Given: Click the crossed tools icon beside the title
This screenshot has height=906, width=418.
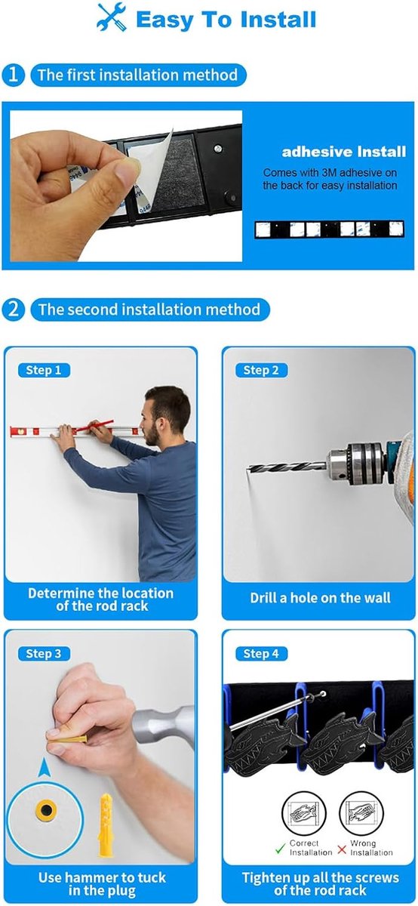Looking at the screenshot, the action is click(x=112, y=17).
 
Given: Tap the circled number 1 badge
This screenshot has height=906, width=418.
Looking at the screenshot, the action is click(x=13, y=75).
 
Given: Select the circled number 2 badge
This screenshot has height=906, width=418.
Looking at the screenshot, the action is click(x=13, y=310).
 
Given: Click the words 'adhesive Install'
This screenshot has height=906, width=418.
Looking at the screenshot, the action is click(x=343, y=152).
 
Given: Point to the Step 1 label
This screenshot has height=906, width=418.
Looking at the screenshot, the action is click(x=44, y=370).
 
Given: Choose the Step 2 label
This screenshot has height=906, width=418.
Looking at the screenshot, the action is click(x=261, y=370).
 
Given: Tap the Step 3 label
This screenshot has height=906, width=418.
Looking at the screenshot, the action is click(x=44, y=654).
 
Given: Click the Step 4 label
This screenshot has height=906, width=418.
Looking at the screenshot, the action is click(x=261, y=654).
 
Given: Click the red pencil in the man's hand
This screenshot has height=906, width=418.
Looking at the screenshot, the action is click(x=94, y=424).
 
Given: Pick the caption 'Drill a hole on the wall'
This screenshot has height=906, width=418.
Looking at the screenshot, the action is click(x=320, y=598).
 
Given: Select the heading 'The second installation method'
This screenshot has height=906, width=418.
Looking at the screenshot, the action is click(x=149, y=310).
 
